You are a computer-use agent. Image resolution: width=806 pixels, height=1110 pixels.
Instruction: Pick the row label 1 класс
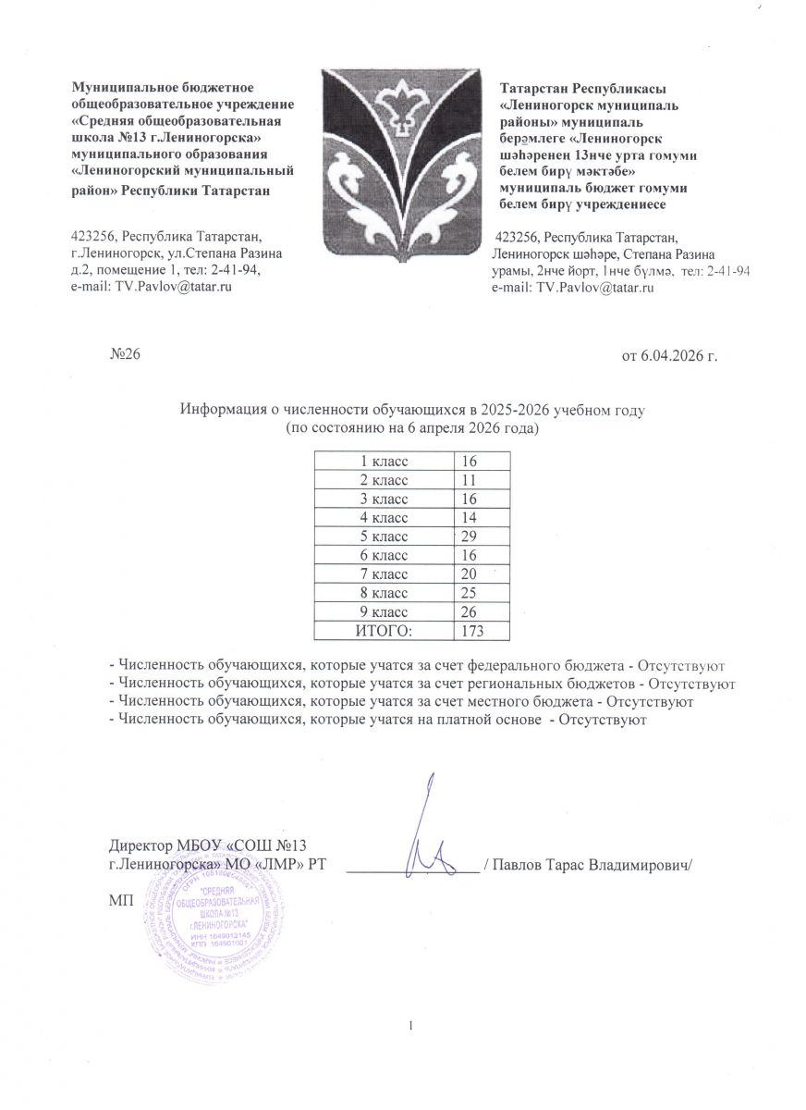point(384,459)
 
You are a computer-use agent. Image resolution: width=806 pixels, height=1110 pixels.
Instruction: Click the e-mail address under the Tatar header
point(577,289)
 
